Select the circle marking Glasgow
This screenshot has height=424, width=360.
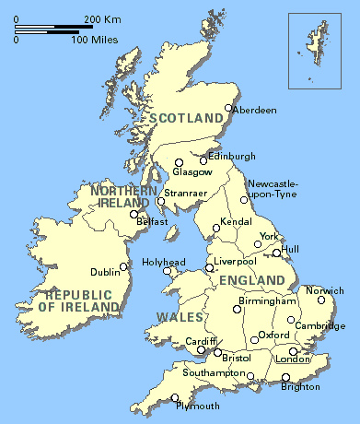[x=180, y=163]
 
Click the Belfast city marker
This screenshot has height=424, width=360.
[x=134, y=214]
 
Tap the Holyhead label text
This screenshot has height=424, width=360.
[x=163, y=262]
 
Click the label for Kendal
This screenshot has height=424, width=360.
[x=238, y=223]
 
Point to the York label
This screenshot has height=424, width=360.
[x=269, y=237]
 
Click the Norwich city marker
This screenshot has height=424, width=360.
[x=321, y=299]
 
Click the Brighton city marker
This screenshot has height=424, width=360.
[x=285, y=376]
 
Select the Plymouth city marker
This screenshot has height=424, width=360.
[x=175, y=397]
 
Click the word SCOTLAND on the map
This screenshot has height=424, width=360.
[x=187, y=117]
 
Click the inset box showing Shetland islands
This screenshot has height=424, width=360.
[x=314, y=50]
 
